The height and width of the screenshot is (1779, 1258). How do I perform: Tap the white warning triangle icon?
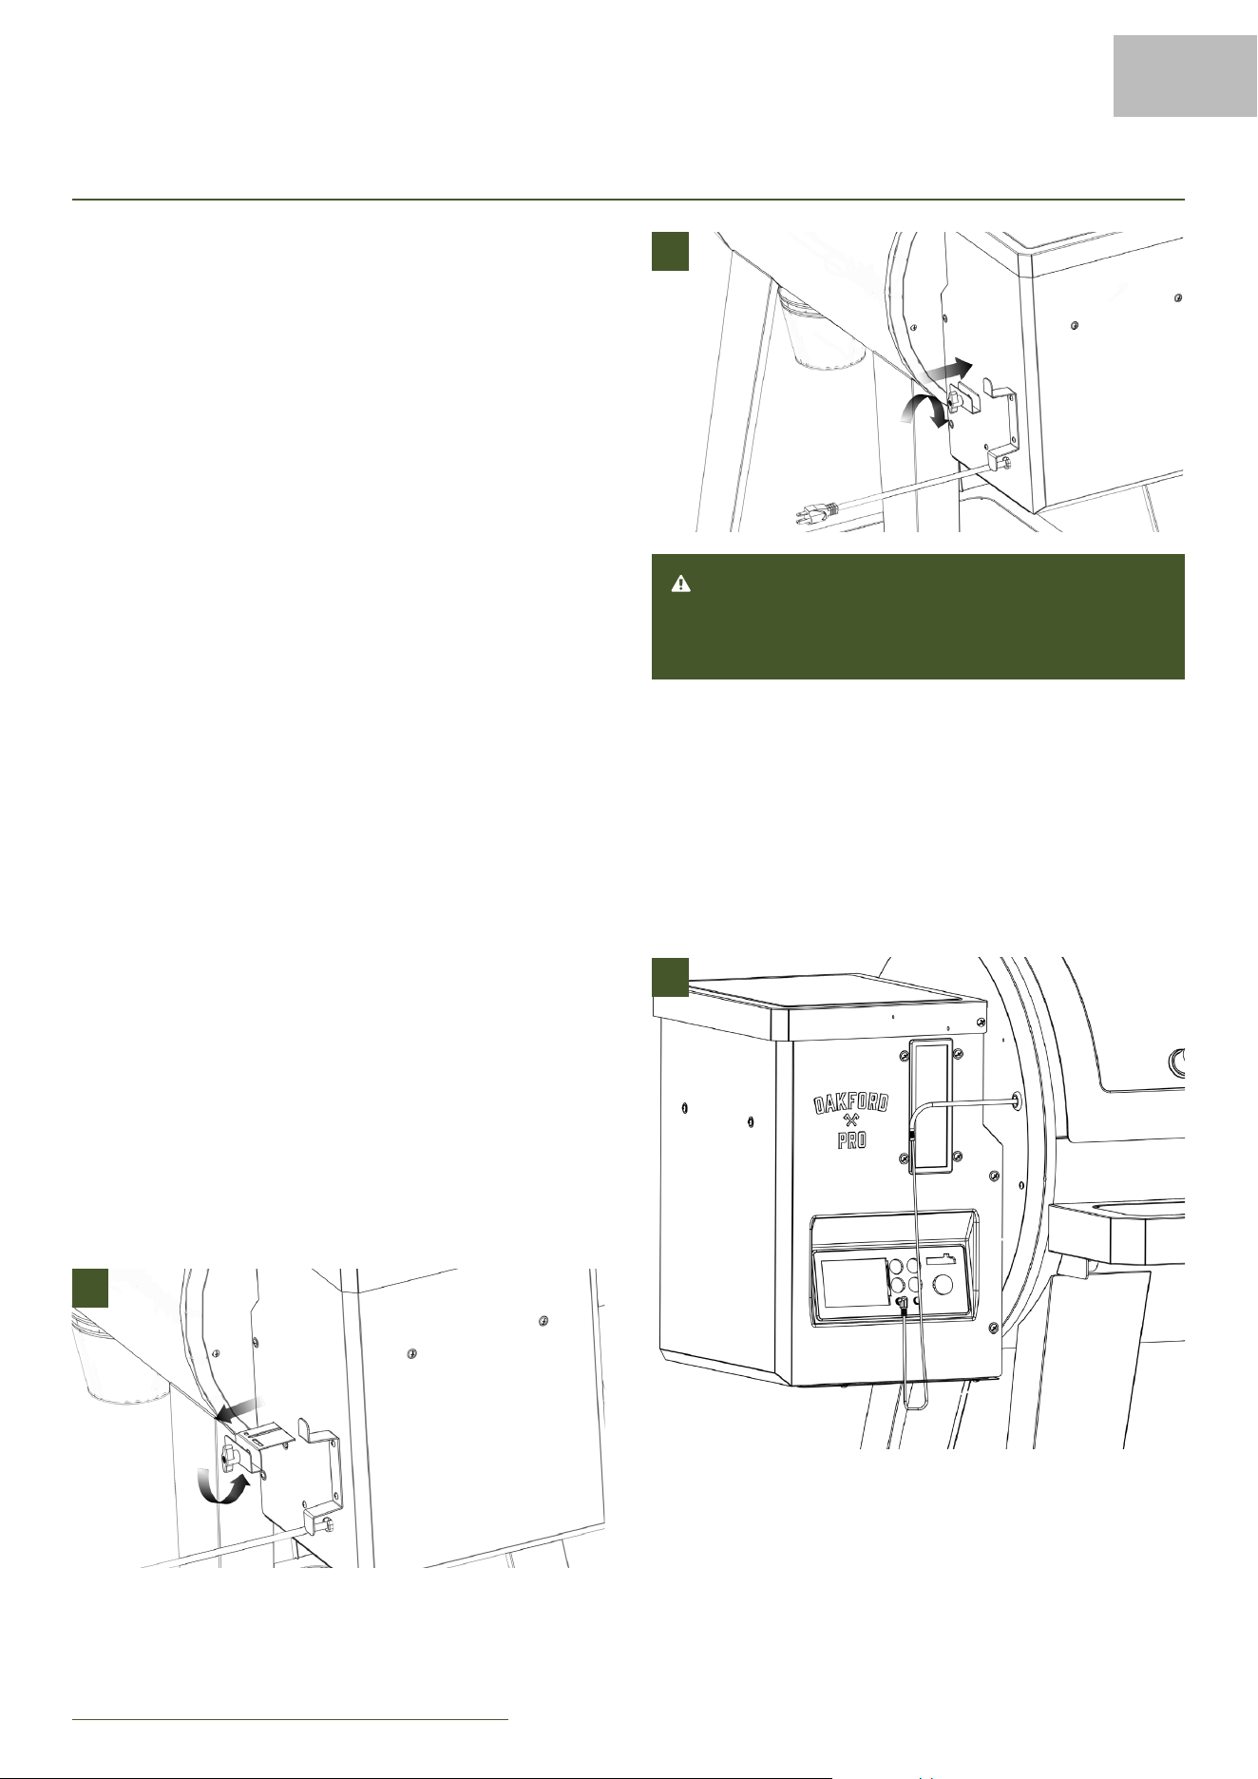point(681,584)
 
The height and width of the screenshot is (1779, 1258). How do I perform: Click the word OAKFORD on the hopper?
point(851,1105)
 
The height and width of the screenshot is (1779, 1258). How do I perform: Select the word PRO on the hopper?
point(852,1139)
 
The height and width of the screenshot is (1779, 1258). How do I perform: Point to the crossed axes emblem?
point(852,1121)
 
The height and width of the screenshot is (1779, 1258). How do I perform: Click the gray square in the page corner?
point(1186,76)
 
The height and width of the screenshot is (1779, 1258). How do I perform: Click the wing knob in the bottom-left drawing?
point(230,1454)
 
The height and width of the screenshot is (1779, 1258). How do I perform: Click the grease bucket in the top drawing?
point(822,332)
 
